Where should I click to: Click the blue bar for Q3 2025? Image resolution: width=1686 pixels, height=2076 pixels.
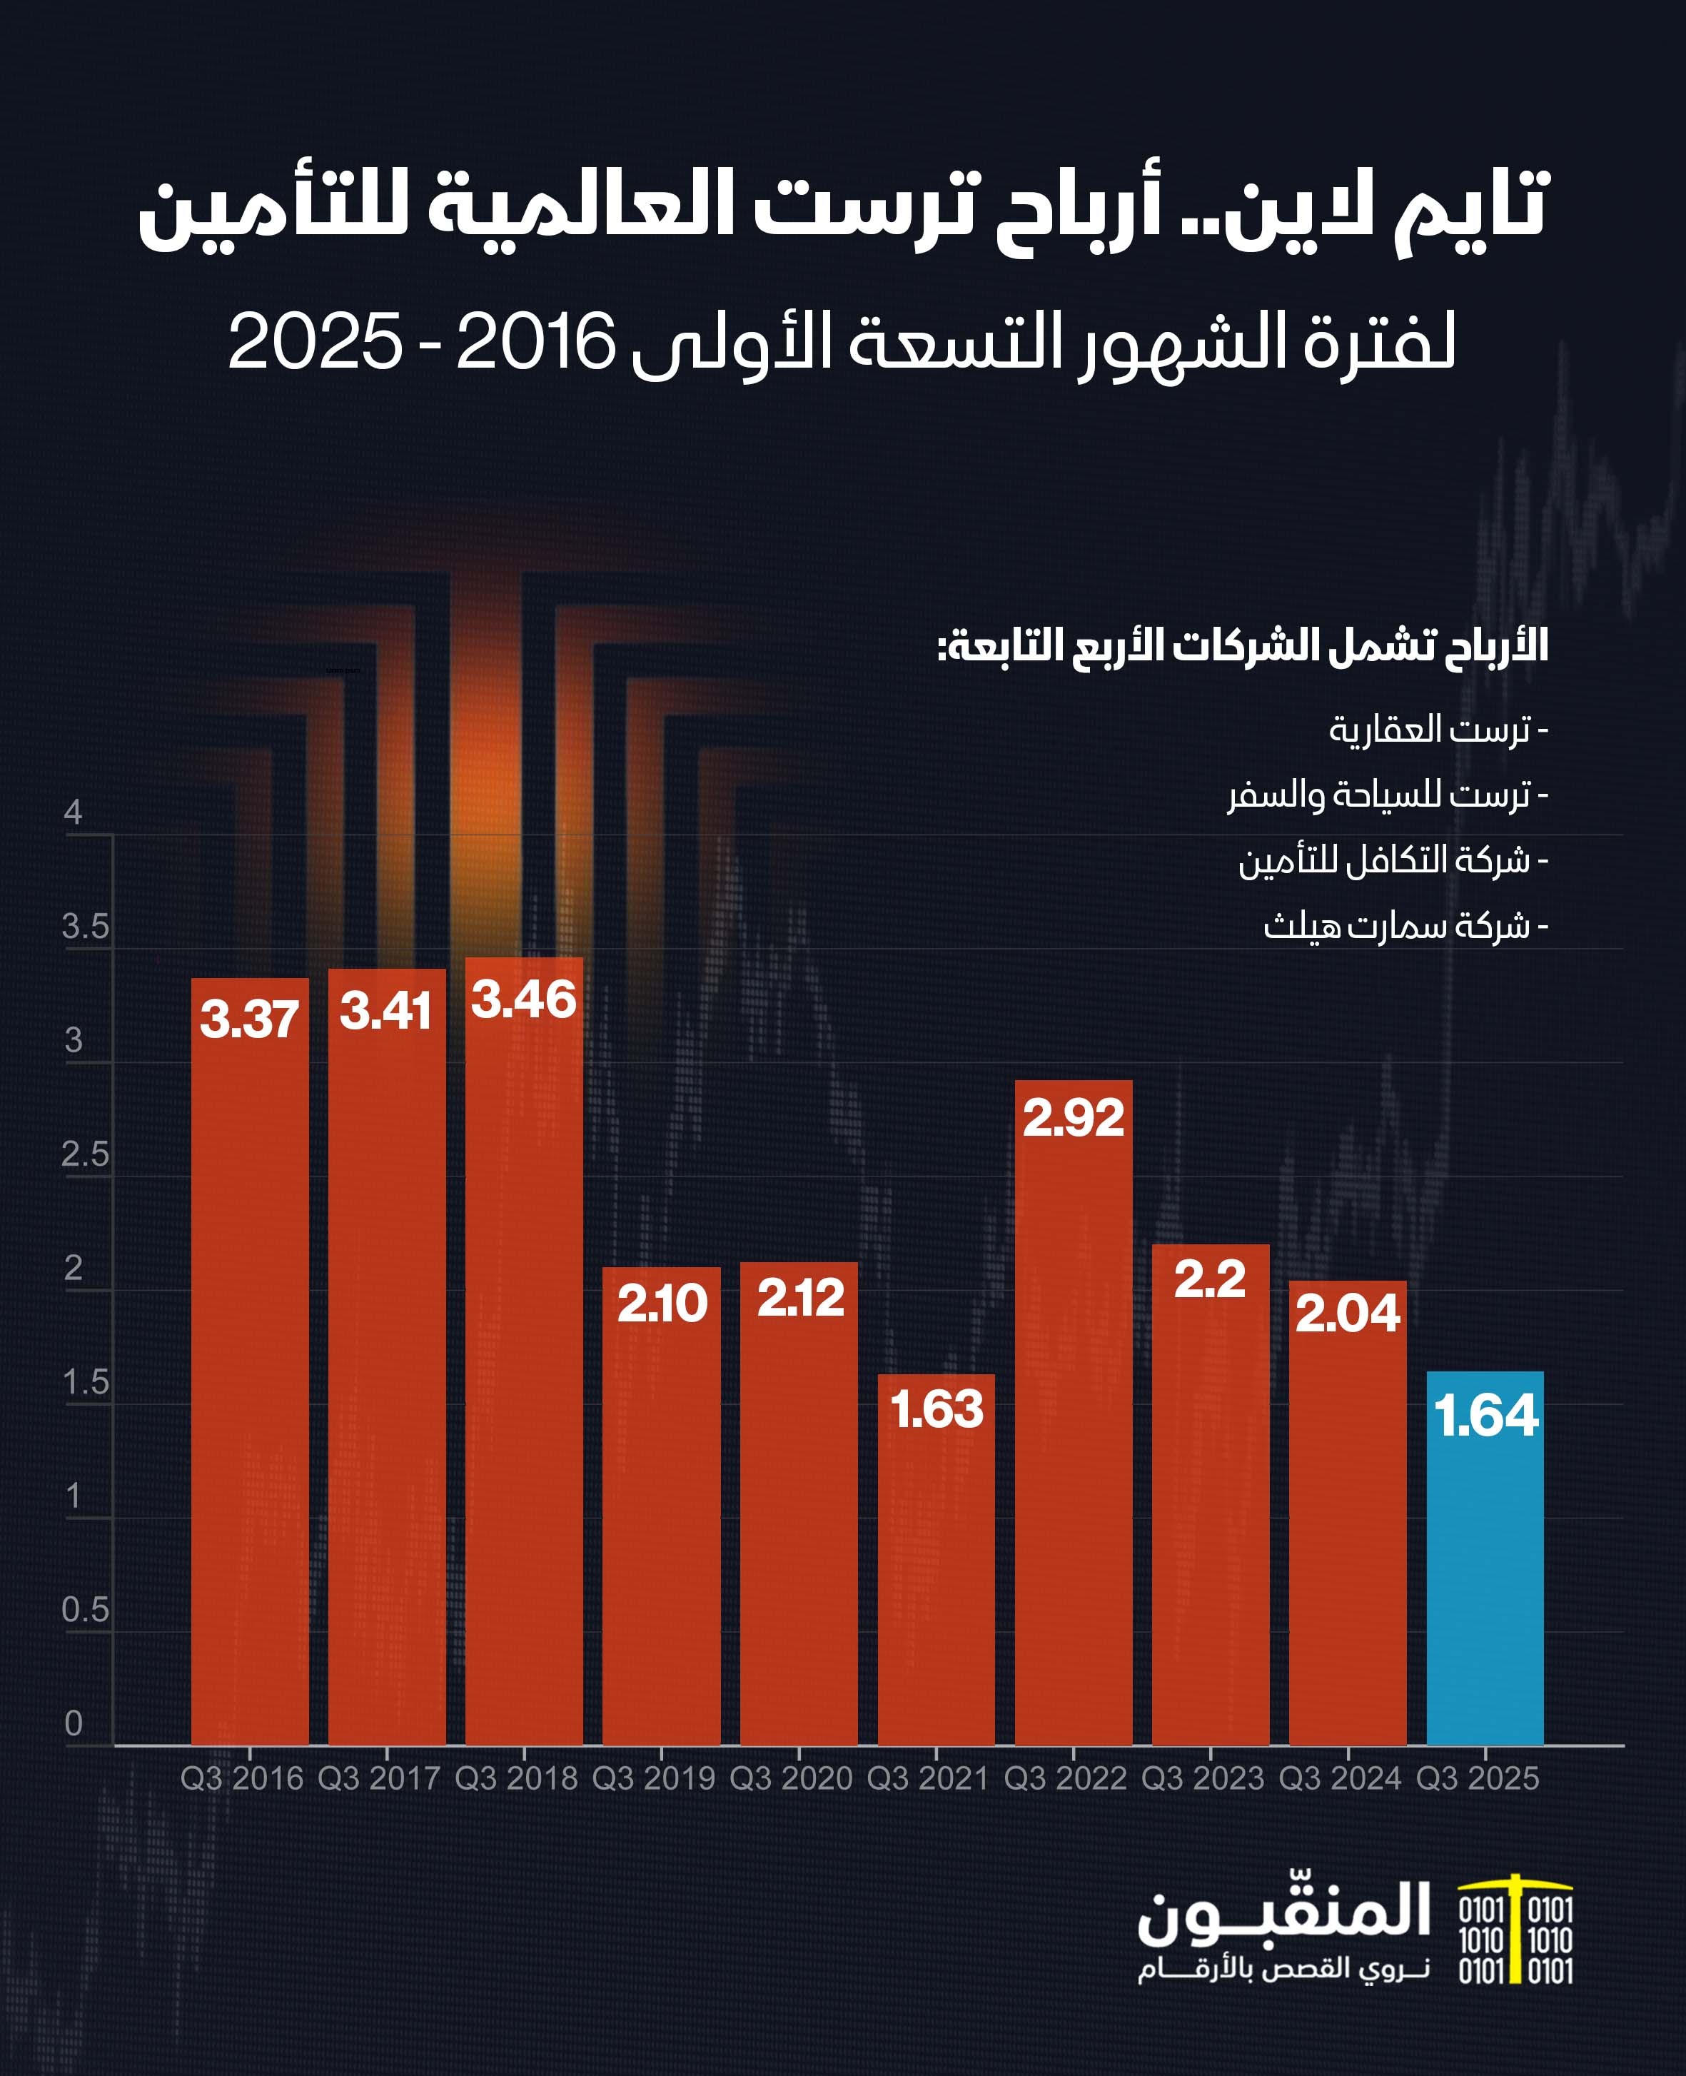click(1484, 1573)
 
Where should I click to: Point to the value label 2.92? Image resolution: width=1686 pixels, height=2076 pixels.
click(1073, 1118)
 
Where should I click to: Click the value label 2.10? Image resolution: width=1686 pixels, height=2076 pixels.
click(662, 1303)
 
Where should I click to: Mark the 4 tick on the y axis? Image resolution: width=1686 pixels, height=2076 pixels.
click(73, 812)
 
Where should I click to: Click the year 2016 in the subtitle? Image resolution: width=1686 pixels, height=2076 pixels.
click(535, 342)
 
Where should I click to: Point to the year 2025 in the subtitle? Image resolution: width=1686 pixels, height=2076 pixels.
click(315, 342)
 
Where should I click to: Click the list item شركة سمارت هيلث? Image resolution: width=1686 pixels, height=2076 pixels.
click(1404, 926)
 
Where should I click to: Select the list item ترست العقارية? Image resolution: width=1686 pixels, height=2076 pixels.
click(1438, 729)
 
